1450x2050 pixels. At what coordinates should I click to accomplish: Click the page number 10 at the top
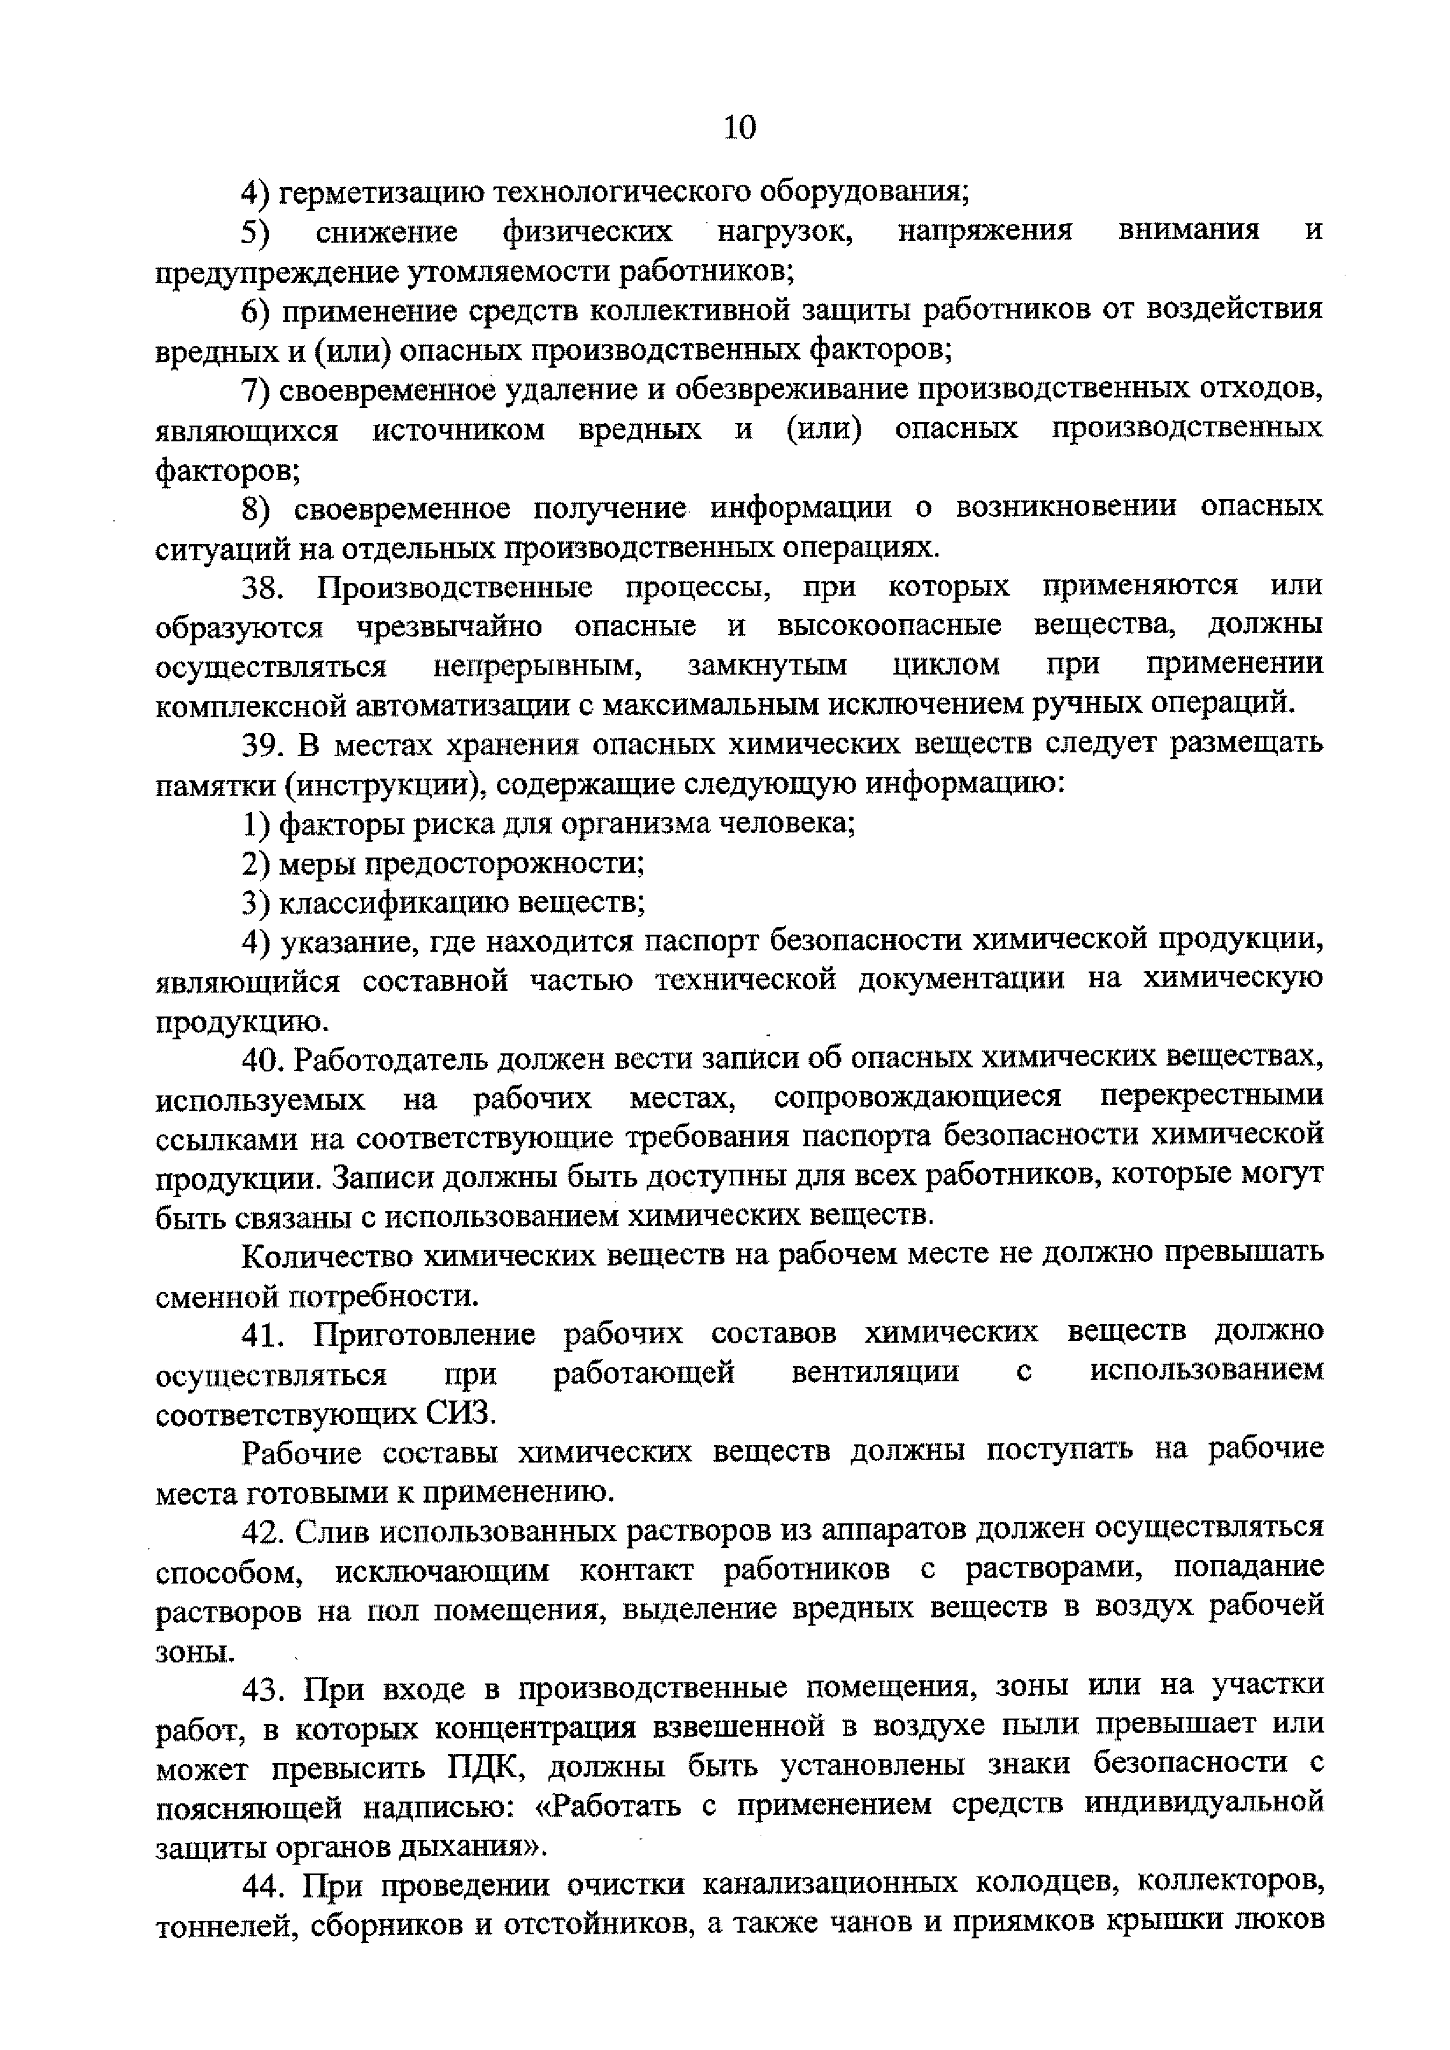click(x=739, y=127)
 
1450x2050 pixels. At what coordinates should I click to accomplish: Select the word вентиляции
click(x=875, y=1373)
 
